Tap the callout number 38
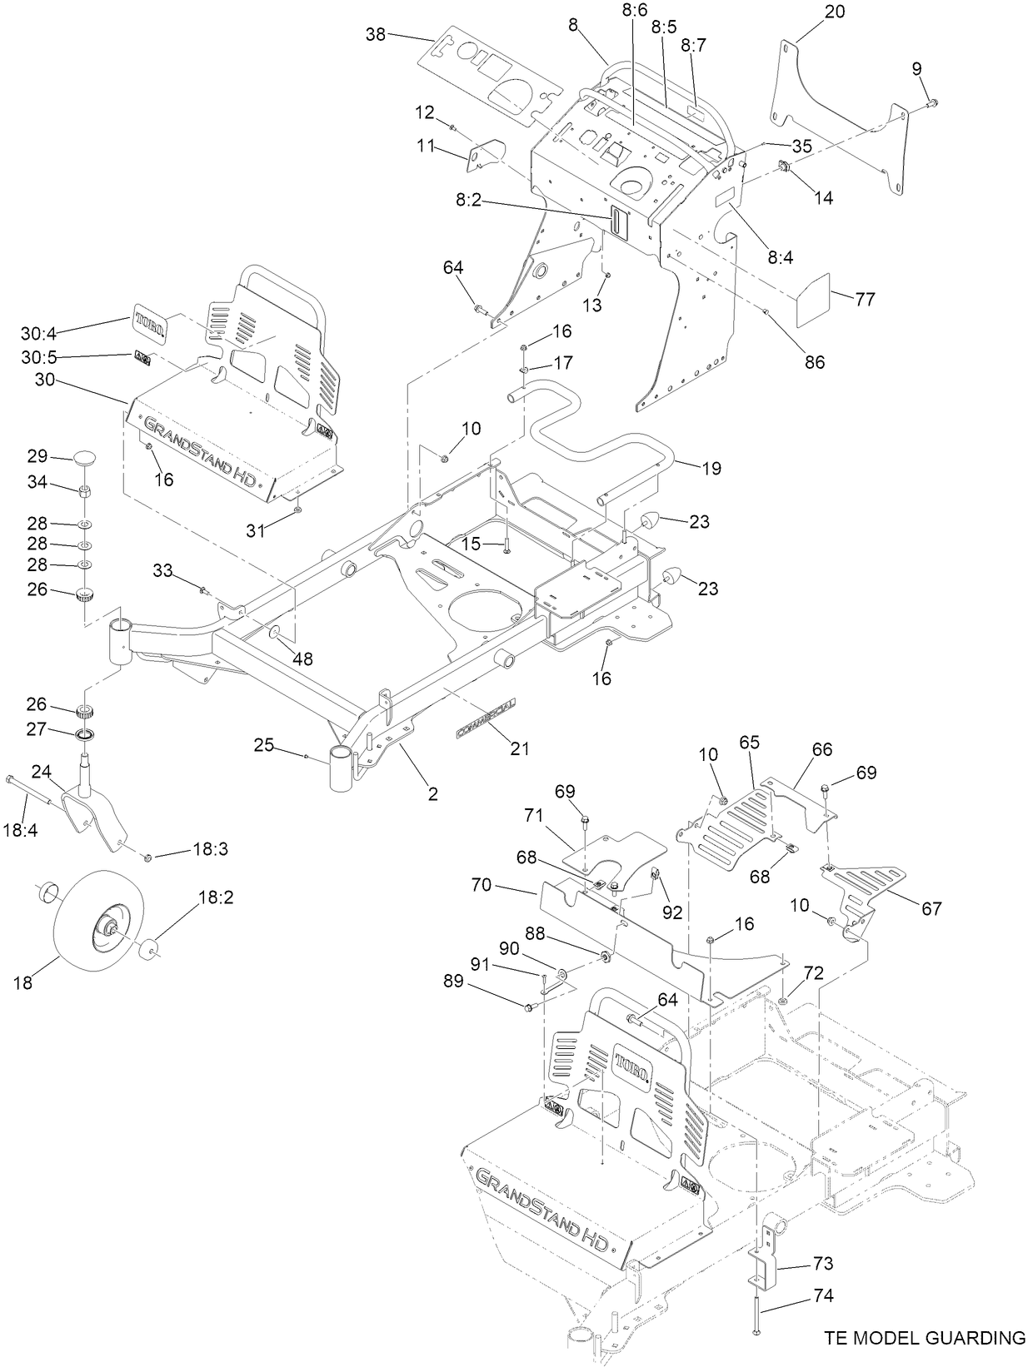tap(376, 34)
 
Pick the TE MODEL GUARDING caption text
tap(925, 1338)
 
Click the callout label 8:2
tap(472, 201)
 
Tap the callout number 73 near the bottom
tap(821, 1263)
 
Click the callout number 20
tap(835, 12)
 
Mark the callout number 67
tap(931, 908)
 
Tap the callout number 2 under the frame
tap(432, 794)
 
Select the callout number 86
tap(814, 361)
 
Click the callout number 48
tap(302, 659)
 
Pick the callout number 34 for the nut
tap(37, 483)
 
